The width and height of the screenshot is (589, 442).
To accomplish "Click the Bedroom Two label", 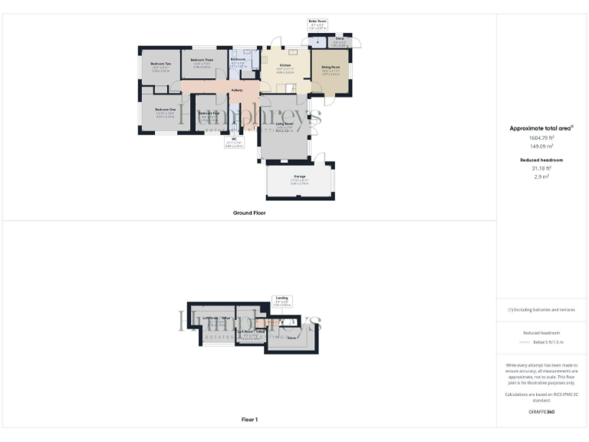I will coord(160,63).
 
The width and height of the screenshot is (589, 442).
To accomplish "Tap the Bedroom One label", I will coord(165,110).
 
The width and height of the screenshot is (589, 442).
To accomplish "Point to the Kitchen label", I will coord(285,66).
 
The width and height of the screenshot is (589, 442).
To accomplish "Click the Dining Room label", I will coord(331,68).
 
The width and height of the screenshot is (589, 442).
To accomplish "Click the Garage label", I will coord(299,176).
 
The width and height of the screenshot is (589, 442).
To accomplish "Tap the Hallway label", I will coord(237,90).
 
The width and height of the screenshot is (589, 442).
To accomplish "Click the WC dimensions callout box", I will coord(235,141).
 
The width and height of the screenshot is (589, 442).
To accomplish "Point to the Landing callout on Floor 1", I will coord(281,300).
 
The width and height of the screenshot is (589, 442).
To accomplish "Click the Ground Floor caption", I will coord(249,213).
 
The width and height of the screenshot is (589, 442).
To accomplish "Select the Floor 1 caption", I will coord(249,420).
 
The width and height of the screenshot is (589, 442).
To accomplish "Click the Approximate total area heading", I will coord(542,128).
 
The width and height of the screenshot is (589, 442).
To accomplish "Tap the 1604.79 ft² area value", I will coord(542,138).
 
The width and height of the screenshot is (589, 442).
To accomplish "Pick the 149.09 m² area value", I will coord(542,147).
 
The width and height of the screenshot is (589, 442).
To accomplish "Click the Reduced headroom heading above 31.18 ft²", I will coord(542,160).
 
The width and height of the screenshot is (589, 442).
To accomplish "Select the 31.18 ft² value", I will coord(542,169).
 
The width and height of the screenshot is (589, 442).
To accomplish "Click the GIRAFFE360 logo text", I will coord(541,412).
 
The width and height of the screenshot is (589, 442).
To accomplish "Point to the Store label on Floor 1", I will coord(291,336).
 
